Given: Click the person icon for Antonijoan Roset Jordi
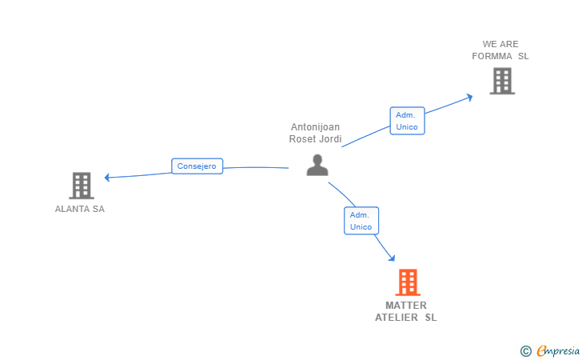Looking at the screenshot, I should click(317, 165).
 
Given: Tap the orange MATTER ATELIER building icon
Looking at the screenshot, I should click(408, 282).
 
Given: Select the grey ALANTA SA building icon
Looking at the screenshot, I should click(82, 186).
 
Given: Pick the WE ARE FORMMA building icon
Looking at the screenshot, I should click(501, 81).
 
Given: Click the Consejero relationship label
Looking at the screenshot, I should click(197, 166).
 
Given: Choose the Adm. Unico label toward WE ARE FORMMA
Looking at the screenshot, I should click(407, 121).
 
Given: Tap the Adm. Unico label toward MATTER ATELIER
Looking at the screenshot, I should click(361, 221).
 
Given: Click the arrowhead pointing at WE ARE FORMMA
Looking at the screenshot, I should click(469, 96).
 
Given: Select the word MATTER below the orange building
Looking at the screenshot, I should click(406, 306).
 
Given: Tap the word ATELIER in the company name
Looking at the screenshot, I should click(397, 318).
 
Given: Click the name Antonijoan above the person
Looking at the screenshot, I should click(315, 127).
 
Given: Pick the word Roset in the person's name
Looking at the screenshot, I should click(302, 139).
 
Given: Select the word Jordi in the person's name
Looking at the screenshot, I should click(330, 139).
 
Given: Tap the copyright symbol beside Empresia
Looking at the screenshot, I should click(525, 350).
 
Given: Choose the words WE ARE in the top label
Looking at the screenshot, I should click(500, 45).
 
